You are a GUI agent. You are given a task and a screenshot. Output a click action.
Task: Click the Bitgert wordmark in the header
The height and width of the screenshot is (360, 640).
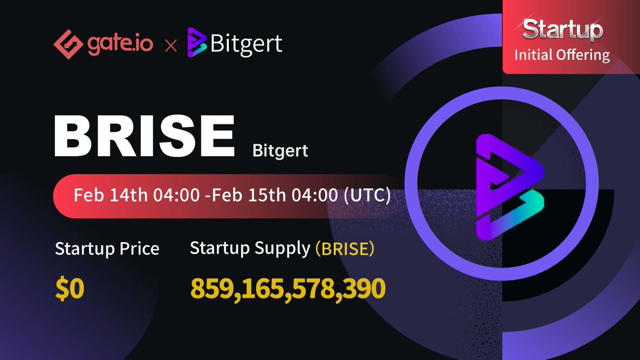coord(246,44)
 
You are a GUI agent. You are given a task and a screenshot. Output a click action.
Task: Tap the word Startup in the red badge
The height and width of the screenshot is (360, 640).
coord(562,30)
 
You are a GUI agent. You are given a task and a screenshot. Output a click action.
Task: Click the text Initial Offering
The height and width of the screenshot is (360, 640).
coord(562,55)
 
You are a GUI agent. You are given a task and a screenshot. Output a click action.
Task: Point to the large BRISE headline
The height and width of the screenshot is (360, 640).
coord(144,136)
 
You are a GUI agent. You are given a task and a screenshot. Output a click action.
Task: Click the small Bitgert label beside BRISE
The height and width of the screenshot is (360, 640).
coord(280,151)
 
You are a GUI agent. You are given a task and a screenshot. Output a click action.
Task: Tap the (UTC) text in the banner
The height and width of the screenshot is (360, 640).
coord(367,195)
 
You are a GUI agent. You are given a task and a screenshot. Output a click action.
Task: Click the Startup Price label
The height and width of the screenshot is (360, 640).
coord(107,249)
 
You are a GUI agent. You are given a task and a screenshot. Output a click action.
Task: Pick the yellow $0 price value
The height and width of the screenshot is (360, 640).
coord(70,289)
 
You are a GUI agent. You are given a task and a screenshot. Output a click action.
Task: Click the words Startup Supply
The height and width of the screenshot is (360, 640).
coord(250,249)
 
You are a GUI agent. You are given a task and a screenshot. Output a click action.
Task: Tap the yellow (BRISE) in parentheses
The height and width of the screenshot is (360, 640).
coord(345,249)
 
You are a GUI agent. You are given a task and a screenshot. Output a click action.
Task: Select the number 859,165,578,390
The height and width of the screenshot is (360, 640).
coord(288,289)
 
